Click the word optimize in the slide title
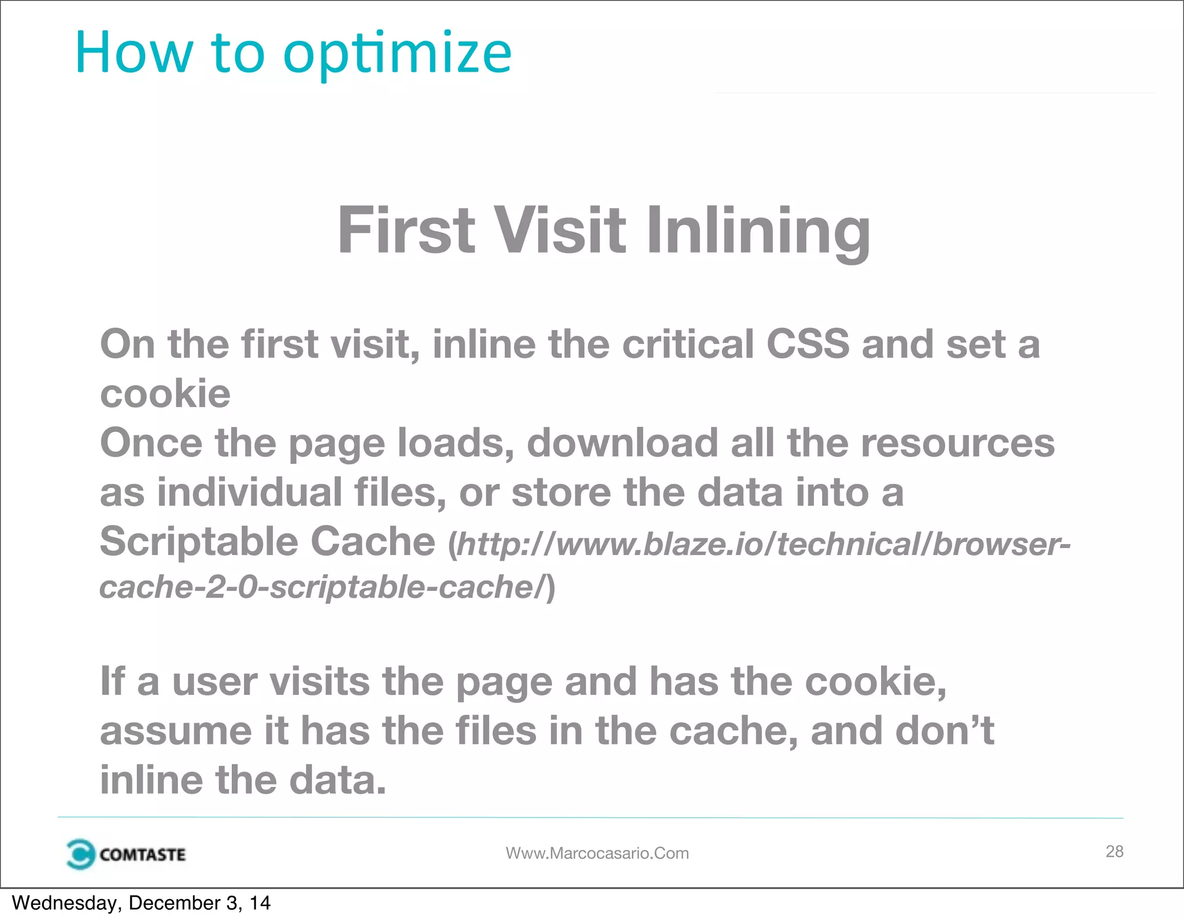397,54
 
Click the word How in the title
134,53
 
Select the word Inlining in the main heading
757,231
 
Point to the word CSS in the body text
808,344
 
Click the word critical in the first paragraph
688,344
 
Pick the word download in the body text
622,443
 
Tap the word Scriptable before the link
199,542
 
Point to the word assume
176,731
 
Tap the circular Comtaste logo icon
80,854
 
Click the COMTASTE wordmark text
142,855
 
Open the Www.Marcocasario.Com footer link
597,853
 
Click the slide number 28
1114,851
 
